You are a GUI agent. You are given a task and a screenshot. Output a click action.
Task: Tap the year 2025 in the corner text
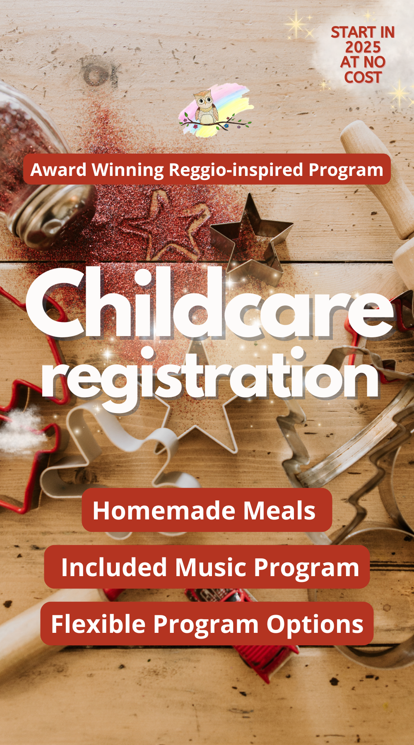[363, 47]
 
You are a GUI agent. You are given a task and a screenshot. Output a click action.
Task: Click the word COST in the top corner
[363, 77]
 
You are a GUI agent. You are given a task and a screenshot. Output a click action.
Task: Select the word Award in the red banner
[58, 170]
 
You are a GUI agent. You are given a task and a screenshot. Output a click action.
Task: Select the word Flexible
[98, 624]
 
